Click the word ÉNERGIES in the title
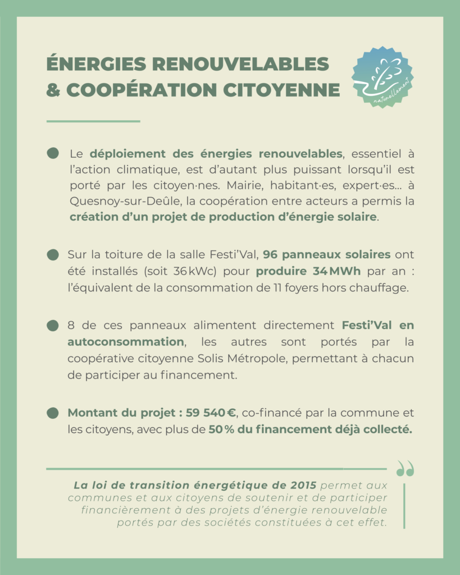tap(94, 64)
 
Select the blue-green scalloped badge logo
tap(382, 77)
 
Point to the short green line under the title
tap(93, 121)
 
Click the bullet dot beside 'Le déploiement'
tap(53, 153)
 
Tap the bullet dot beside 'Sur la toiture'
tap(53, 255)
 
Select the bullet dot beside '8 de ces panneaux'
tap(53, 326)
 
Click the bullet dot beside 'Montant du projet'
tap(53, 413)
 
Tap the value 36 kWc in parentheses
tap(190, 272)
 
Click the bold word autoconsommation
tap(125, 342)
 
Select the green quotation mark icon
tap(404, 468)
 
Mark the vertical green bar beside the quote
tap(404, 505)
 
